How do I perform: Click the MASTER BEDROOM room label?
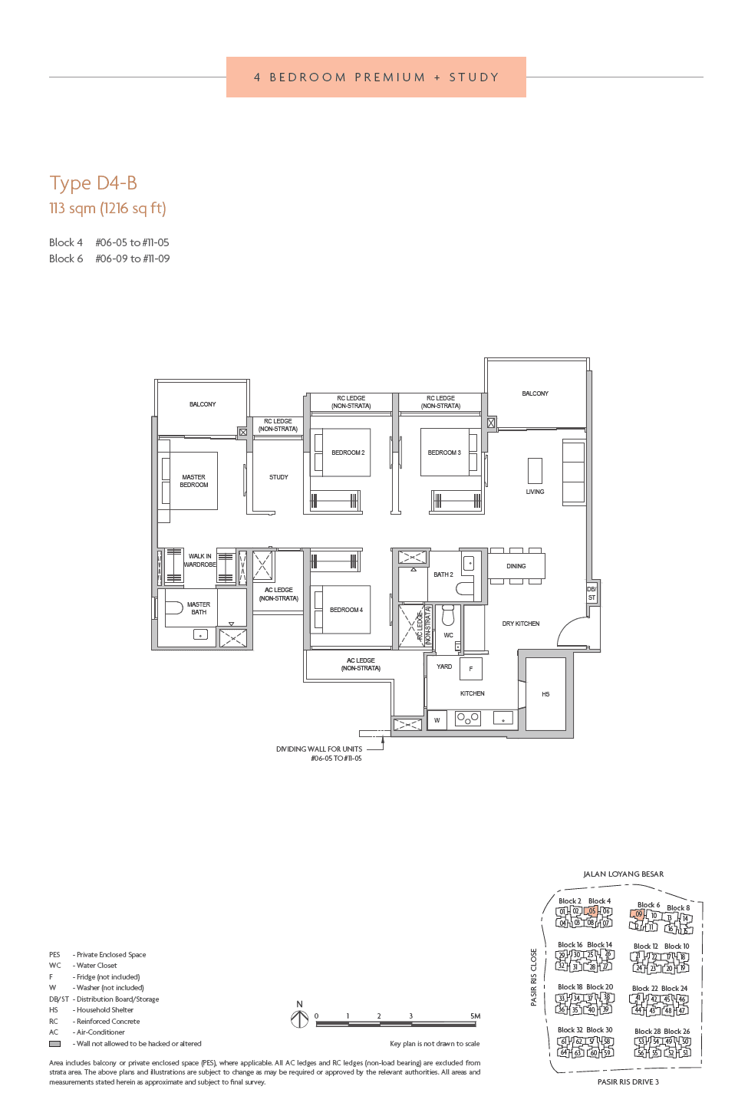(193, 481)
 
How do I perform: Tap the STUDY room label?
(278, 477)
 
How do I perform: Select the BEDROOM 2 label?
(348, 453)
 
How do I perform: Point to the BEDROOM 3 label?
(444, 453)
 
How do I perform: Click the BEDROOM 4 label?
(346, 610)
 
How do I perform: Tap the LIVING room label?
(535, 492)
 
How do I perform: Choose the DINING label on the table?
(516, 566)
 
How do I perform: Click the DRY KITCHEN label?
(521, 624)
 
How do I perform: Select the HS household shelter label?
(545, 694)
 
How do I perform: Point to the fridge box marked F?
(471, 669)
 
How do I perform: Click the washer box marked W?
(437, 719)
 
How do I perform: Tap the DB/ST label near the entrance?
(591, 593)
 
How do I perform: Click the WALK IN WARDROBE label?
(199, 560)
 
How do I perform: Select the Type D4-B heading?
(94, 183)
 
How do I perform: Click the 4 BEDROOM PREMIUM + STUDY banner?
(376, 77)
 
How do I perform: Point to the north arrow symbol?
(299, 1019)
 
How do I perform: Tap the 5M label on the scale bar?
(476, 1016)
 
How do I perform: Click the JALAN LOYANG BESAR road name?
(623, 874)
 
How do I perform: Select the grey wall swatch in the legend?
(54, 1044)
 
